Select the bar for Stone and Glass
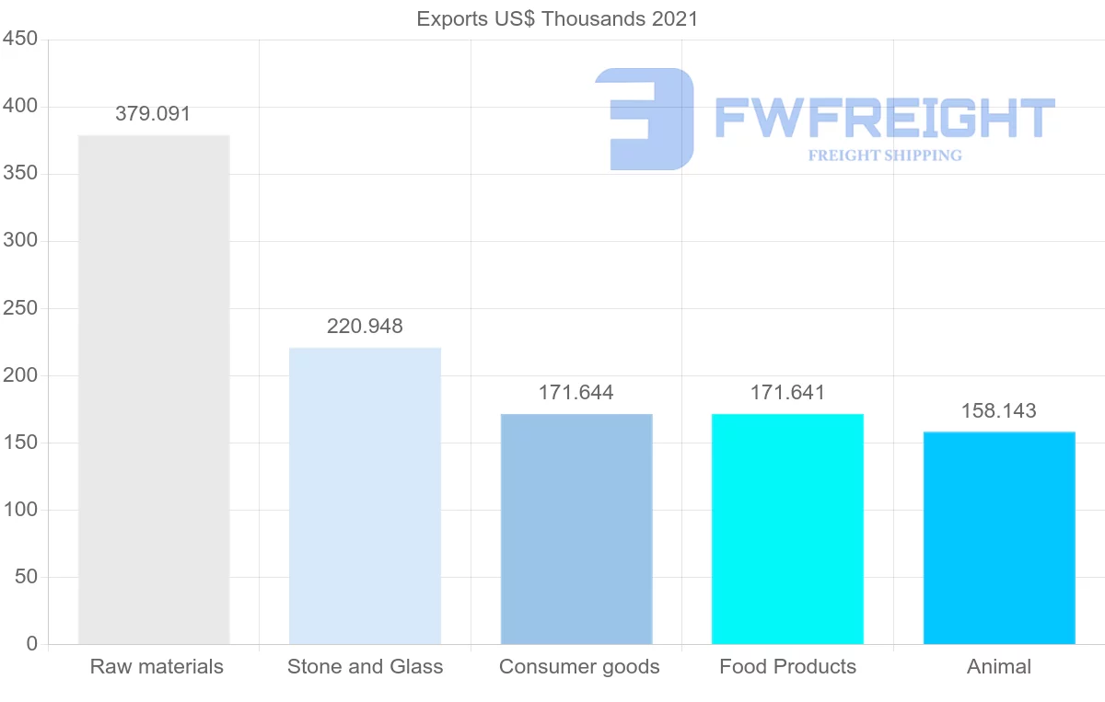coord(365,496)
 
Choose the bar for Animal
coord(999,538)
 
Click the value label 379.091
coord(153,114)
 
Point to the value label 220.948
coord(365,326)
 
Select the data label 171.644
coord(576,393)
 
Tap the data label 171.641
coord(787,393)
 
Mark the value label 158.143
coord(999,410)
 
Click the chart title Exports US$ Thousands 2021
coord(557,18)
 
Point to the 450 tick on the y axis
coord(19,40)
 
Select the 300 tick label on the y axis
coord(19,241)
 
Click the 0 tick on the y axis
coord(32,644)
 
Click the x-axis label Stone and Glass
coord(365,667)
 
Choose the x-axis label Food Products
coord(787,667)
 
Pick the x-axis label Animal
coord(999,667)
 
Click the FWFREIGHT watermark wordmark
coord(884,118)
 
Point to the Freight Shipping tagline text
coord(885,155)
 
